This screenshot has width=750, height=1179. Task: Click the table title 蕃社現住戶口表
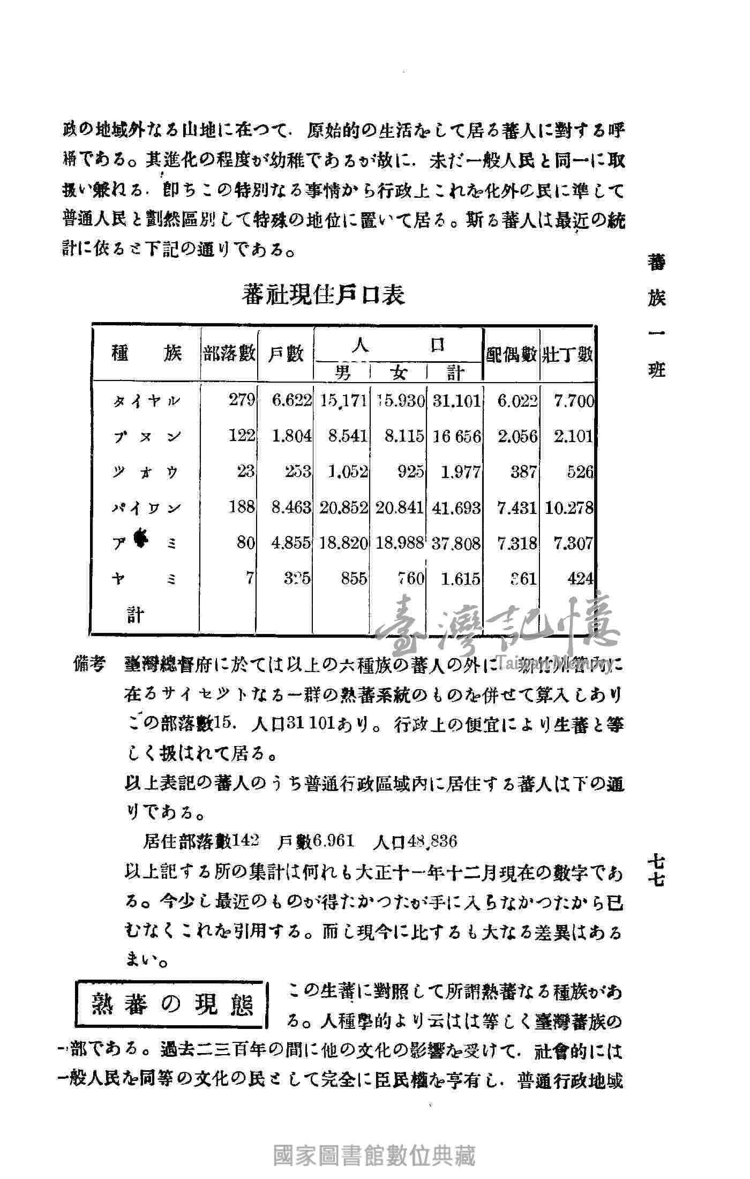click(323, 295)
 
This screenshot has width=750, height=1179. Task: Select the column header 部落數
click(229, 354)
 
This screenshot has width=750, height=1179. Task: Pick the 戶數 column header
click(286, 354)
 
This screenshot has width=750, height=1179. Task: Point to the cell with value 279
click(242, 400)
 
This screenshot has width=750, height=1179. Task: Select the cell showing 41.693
click(456, 508)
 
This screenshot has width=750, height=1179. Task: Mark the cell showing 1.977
click(460, 472)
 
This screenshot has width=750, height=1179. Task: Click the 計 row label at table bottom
click(135, 615)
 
